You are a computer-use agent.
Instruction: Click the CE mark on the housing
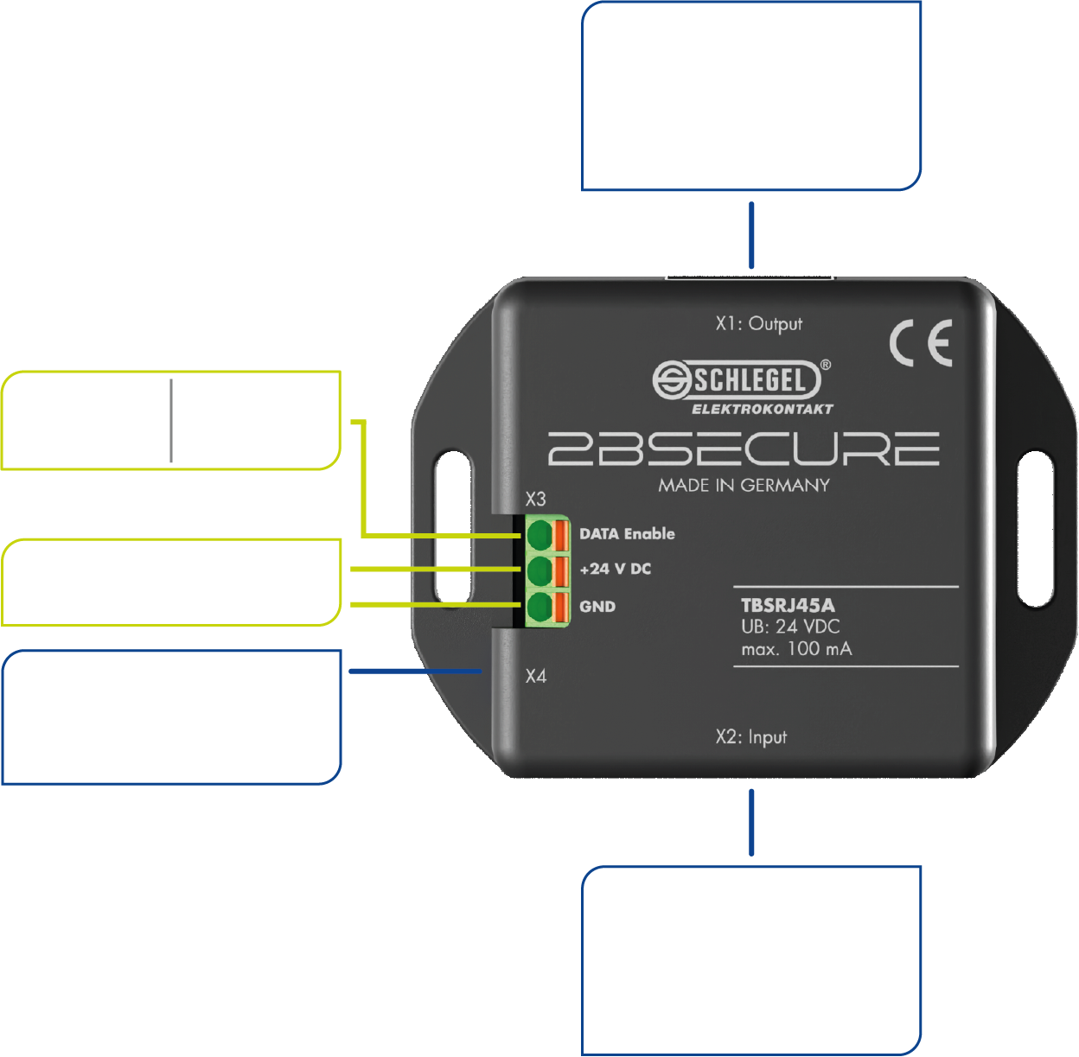(921, 343)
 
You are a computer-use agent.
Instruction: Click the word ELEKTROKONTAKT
(762, 409)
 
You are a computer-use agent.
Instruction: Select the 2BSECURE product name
(744, 449)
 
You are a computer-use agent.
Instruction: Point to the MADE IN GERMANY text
(744, 485)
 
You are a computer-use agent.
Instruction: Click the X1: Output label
(758, 324)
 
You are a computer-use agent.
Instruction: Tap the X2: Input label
(750, 737)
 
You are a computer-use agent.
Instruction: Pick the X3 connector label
(536, 500)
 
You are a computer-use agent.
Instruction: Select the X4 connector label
(536, 676)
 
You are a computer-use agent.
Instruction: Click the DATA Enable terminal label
(627, 534)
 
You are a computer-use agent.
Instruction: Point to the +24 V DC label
(615, 569)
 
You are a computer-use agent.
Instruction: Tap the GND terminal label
(597, 607)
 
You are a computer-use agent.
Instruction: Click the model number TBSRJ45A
(788, 605)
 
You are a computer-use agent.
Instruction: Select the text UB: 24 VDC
(790, 627)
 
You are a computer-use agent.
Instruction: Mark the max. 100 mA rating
(796, 648)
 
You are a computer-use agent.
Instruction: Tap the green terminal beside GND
(539, 606)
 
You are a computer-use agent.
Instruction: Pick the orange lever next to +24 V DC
(561, 570)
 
